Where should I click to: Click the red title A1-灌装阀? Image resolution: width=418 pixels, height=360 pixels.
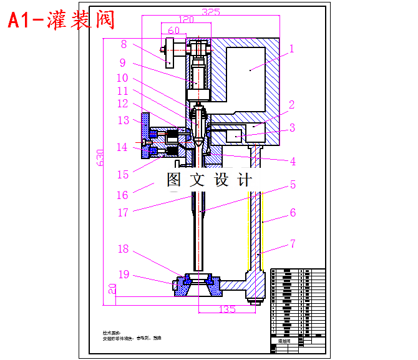pos(61,20)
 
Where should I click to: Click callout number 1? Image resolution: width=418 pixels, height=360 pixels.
pos(291,48)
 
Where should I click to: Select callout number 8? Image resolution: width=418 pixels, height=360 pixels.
pos(124,44)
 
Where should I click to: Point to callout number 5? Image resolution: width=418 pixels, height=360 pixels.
pos(292,185)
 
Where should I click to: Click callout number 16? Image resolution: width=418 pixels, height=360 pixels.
pos(122,195)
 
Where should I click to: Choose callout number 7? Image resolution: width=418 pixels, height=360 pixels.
pos(292,243)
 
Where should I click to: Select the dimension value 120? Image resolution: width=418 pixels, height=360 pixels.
pos(186,19)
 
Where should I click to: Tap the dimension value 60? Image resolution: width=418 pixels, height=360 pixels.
pos(173,30)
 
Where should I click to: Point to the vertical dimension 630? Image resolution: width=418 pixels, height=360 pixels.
pos(100,160)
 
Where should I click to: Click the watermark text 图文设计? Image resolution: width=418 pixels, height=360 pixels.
pos(210,180)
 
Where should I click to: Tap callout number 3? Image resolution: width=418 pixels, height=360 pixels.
pos(291,129)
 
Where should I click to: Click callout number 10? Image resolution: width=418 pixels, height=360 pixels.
pos(122,78)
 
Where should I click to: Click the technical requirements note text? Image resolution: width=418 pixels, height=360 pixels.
pos(132,336)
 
